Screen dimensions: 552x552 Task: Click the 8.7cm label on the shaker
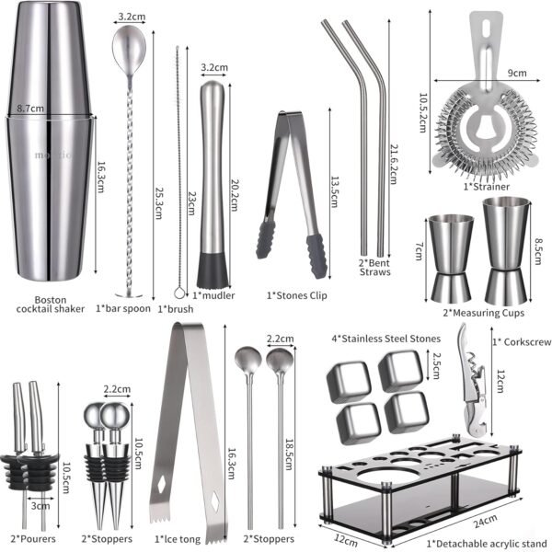[x=30, y=108]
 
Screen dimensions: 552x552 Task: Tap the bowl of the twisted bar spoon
[x=129, y=51]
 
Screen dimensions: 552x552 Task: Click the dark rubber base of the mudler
[x=213, y=270]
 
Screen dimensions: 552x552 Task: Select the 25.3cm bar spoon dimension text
[x=158, y=203]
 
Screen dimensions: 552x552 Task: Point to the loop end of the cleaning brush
[x=179, y=293]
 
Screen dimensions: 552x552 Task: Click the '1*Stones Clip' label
[x=297, y=295]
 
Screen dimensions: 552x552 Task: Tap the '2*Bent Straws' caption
[x=375, y=268]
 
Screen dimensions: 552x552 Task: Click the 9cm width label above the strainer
[x=517, y=73]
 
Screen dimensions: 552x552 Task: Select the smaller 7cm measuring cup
[x=451, y=259]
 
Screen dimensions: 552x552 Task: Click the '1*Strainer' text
[x=486, y=187]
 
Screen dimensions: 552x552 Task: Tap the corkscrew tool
[x=473, y=379]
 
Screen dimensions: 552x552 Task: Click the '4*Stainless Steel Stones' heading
[x=385, y=339]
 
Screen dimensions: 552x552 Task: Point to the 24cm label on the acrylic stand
[x=486, y=521]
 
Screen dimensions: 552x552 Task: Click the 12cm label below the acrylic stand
[x=345, y=540]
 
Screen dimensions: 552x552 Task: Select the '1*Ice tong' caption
[x=178, y=539]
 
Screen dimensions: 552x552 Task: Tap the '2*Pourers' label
[x=33, y=538]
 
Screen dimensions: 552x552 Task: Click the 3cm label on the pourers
[x=40, y=506]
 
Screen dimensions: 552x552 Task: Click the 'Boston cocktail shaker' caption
[x=51, y=305]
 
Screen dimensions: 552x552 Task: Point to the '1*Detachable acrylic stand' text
[x=487, y=544]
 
